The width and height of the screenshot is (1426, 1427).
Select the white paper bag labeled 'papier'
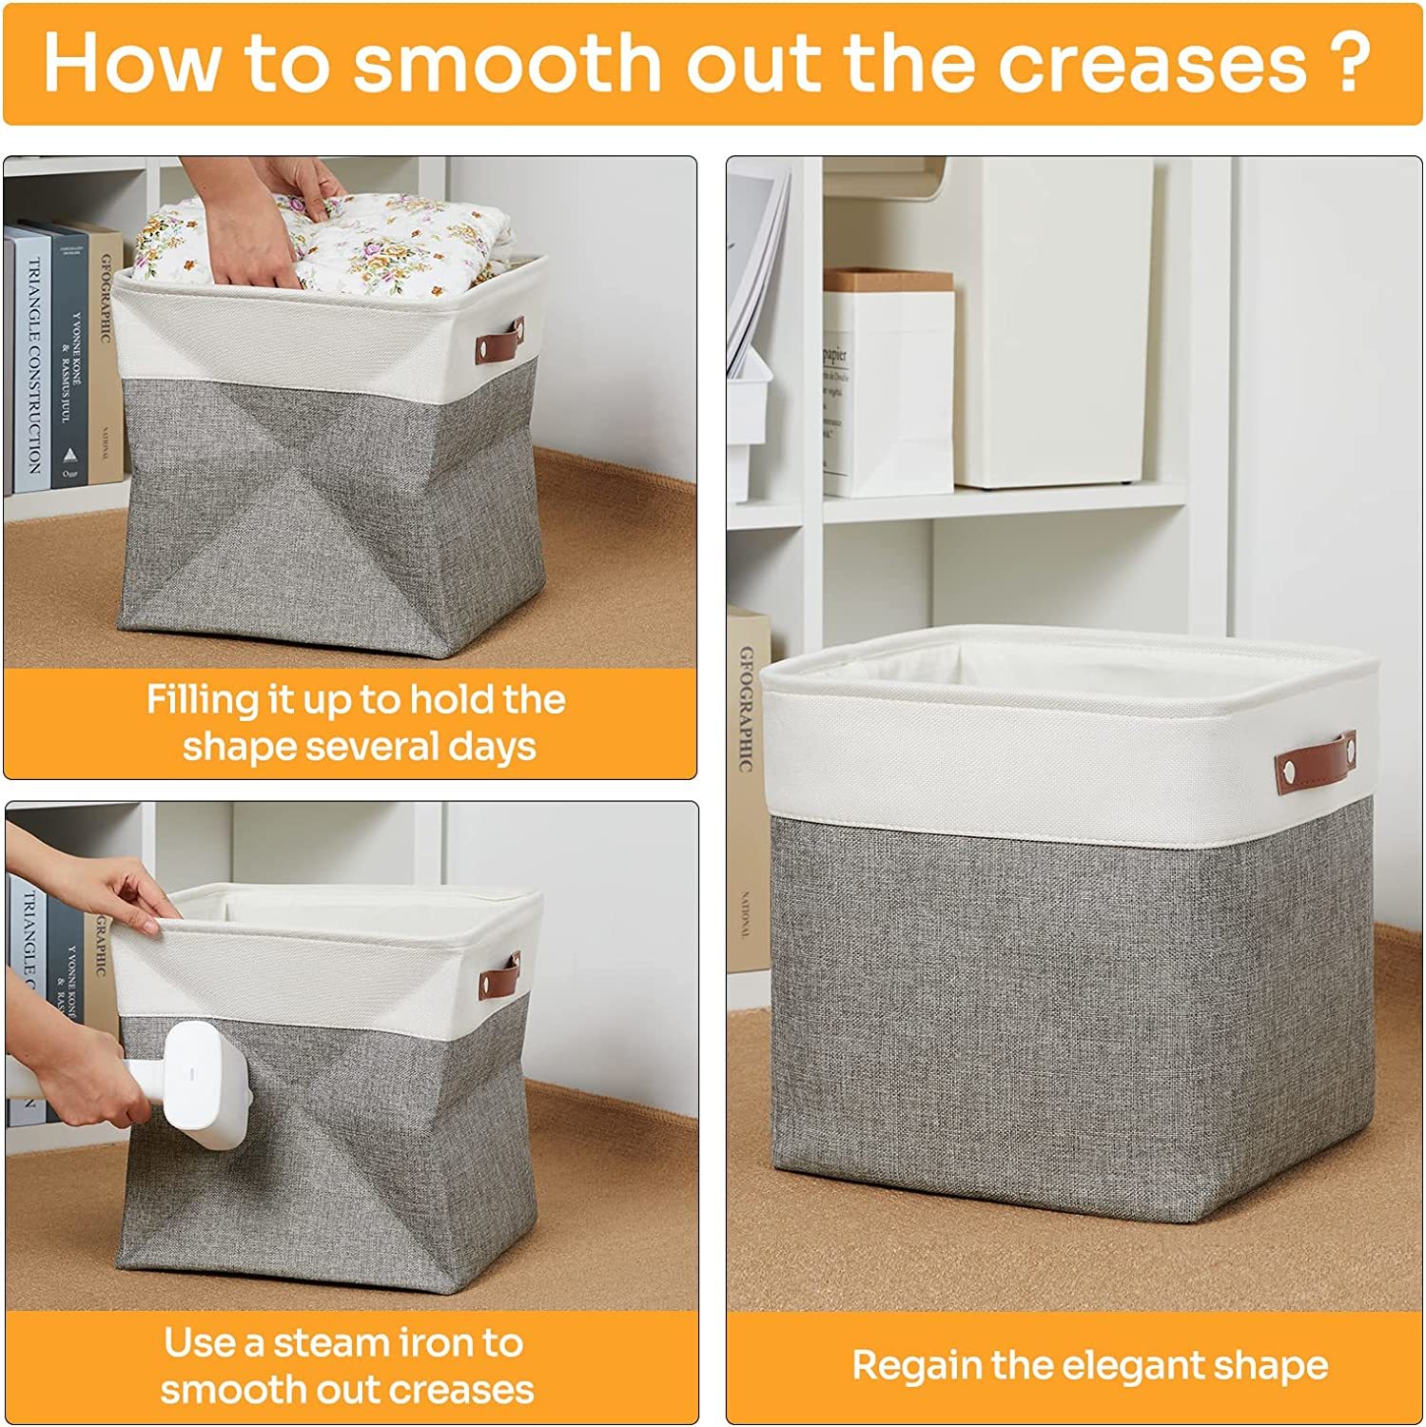coord(887,390)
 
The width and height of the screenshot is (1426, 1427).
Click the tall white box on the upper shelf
coord(1056,323)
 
